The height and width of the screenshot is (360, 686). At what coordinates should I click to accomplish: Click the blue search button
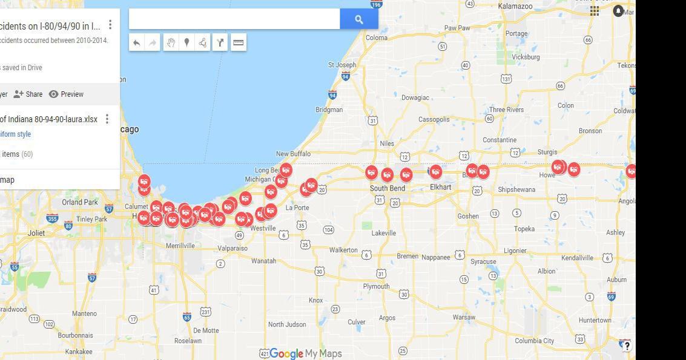coord(359,19)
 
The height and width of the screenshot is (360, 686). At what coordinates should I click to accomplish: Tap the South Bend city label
coord(388,188)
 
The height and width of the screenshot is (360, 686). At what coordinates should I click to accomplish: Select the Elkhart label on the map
coord(440,187)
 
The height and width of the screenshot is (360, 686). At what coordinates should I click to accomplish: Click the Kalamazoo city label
coord(515,6)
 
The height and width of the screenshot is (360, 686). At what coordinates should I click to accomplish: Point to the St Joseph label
coord(342,65)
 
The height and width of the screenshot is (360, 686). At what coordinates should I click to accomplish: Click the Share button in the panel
coord(28,94)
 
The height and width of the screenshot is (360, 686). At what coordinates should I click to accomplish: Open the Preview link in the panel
coord(66,94)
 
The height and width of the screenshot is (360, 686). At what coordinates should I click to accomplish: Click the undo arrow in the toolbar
coord(137,42)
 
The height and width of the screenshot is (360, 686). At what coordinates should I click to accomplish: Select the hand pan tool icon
coord(171,42)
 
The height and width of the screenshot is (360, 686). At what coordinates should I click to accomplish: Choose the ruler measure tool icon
coord(239,42)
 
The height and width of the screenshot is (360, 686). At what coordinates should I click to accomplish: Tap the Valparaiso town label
coord(233,248)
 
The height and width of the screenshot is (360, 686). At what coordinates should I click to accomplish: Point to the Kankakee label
coord(79,352)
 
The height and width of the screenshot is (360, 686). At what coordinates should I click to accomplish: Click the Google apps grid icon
coord(595,11)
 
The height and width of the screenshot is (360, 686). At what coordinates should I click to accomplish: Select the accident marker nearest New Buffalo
coord(286,170)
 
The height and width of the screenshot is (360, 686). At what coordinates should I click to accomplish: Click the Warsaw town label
coord(464,317)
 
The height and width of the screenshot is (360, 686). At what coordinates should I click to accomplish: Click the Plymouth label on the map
coord(376,286)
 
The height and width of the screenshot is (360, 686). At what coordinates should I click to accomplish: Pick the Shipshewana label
coord(516,189)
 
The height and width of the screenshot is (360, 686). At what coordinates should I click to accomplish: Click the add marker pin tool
coord(186,42)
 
